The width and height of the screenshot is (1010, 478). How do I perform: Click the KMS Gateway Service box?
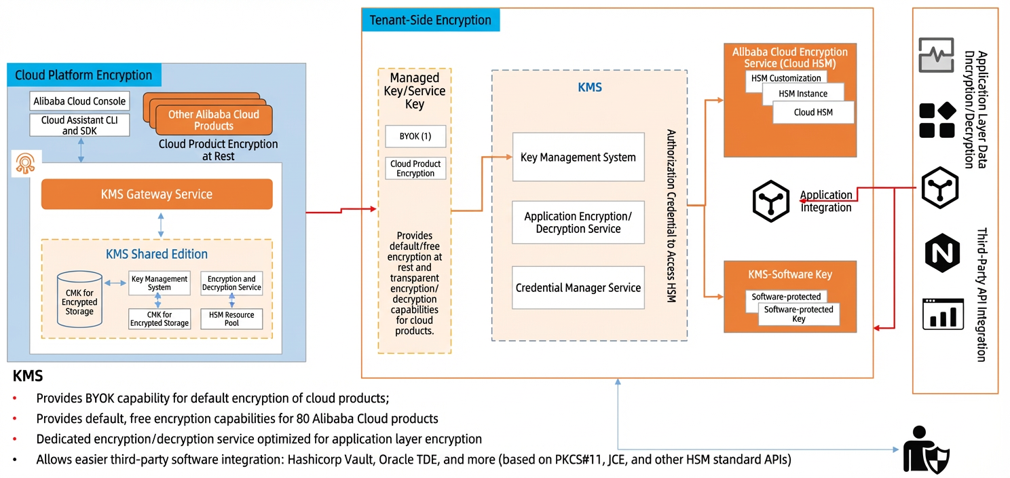pos(157,194)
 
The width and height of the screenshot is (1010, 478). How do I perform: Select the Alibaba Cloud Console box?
pos(79,101)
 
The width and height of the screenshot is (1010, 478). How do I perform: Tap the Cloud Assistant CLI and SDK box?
pos(79,125)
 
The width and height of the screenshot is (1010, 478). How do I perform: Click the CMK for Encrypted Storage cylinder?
pos(79,299)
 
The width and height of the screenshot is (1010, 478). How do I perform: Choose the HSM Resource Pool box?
pos(231,319)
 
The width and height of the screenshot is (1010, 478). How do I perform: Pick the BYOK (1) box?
pos(415,136)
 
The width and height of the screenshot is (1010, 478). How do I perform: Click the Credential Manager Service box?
pos(578,288)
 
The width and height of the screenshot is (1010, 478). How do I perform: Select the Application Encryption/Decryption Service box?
pos(578,222)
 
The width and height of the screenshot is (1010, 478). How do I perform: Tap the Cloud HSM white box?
pos(813,112)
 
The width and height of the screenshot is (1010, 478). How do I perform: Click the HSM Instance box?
pos(803,94)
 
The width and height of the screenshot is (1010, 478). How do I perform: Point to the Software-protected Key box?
pos(798,314)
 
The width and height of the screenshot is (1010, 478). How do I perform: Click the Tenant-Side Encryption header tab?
pos(430,20)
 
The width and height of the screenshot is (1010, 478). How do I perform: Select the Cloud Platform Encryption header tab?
pos(84,75)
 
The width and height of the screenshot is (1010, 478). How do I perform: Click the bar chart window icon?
pos(943,314)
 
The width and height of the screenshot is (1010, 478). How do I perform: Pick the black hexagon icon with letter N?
pos(942,253)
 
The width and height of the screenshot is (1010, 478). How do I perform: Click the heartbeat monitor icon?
pos(937,55)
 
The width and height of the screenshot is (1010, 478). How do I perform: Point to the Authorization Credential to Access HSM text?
pos(671,215)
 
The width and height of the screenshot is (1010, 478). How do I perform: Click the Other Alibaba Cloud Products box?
pos(214,120)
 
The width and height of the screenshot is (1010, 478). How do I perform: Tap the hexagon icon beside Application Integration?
pos(771,201)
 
